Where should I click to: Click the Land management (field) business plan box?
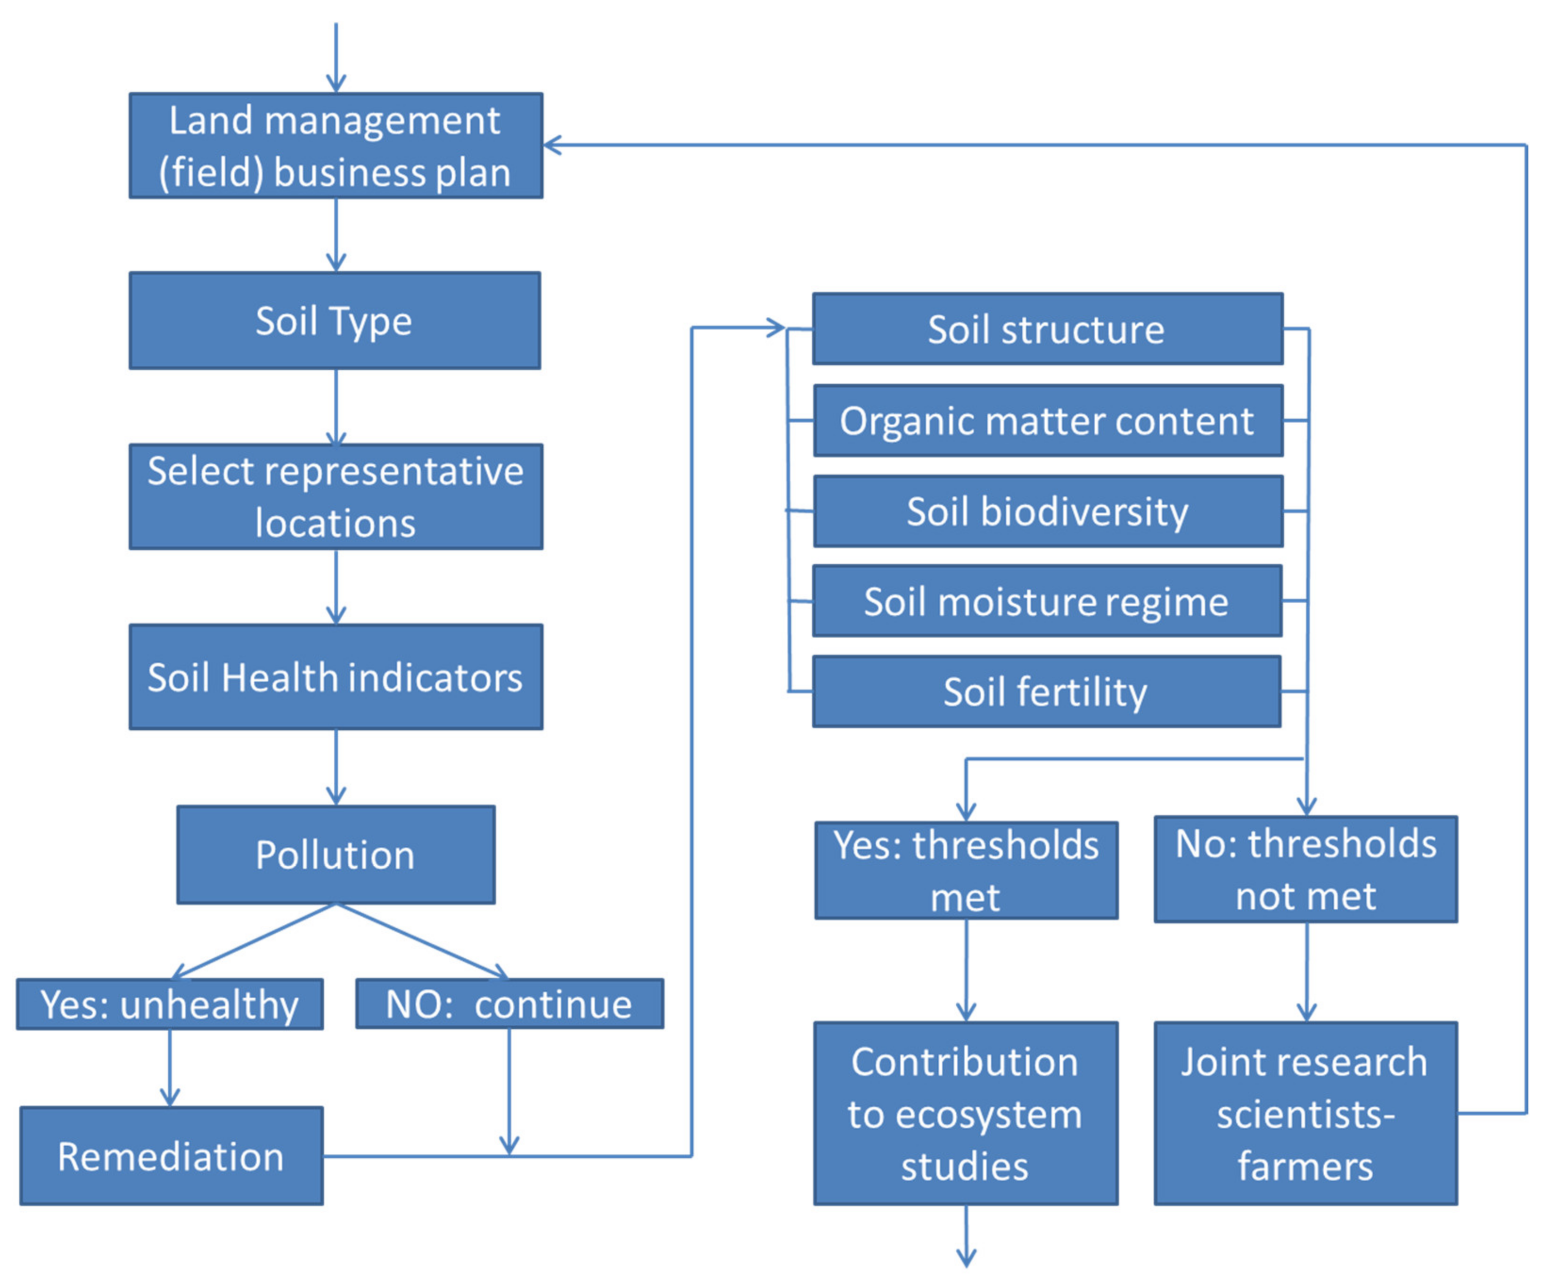click(336, 146)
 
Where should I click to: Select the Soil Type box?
click(334, 321)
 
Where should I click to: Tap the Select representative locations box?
click(336, 496)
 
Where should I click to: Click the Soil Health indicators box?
click(336, 677)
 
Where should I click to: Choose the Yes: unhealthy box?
click(170, 1004)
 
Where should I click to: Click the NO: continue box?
click(509, 1004)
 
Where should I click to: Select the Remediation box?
click(171, 1156)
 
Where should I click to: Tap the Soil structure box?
click(1047, 329)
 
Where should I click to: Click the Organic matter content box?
click(1047, 420)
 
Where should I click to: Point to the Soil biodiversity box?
click(1047, 511)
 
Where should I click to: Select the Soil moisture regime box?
click(1047, 601)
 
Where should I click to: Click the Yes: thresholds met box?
click(966, 871)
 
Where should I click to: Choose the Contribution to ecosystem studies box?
click(966, 1113)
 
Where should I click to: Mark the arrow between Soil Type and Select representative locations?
click(336, 406)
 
